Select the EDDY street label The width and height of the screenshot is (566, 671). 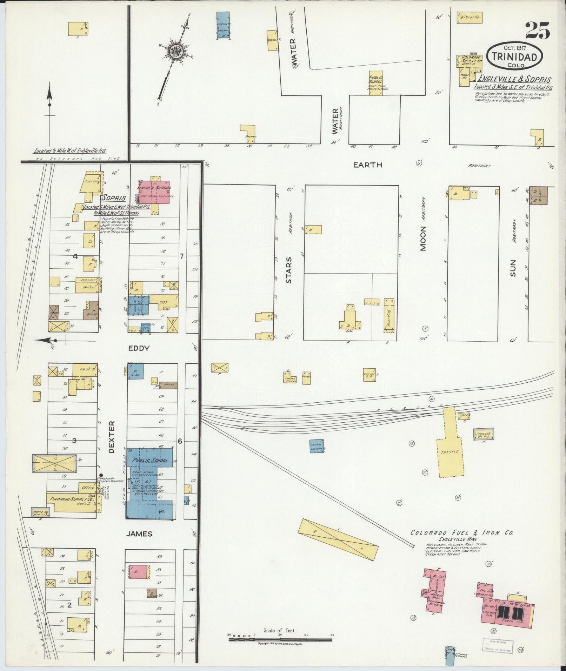point(139,348)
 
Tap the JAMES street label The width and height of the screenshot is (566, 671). point(139,534)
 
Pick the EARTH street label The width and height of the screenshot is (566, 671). point(367,165)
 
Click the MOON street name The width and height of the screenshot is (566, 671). point(423,239)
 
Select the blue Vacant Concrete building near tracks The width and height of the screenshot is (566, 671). point(317,446)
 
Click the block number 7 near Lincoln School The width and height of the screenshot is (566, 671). point(181,256)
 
